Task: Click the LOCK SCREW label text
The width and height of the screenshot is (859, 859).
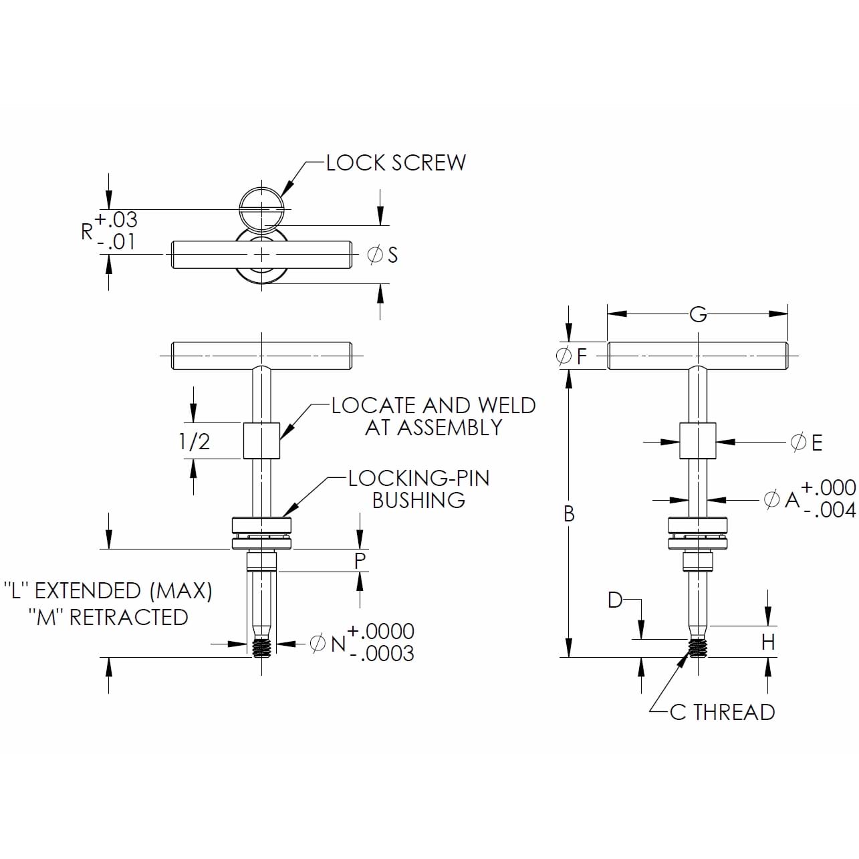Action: click(x=396, y=162)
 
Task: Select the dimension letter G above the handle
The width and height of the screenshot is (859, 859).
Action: click(x=697, y=314)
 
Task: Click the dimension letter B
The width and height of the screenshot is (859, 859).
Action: click(x=569, y=513)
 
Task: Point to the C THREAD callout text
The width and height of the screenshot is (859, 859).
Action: click(x=722, y=713)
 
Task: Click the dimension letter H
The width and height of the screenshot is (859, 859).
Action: click(x=768, y=642)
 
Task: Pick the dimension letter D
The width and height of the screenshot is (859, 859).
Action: click(x=615, y=600)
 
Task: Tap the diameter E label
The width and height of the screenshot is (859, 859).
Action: click(x=807, y=443)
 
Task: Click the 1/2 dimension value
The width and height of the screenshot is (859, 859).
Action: click(x=194, y=441)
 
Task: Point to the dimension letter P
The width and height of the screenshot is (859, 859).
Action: click(x=360, y=561)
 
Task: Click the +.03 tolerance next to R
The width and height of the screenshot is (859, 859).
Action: click(x=116, y=219)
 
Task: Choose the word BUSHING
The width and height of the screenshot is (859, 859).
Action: click(x=418, y=500)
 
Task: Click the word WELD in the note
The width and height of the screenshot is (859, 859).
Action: click(x=506, y=406)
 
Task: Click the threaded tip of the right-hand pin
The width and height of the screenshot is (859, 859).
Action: click(x=698, y=648)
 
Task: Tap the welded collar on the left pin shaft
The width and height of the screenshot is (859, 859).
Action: click(x=261, y=441)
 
